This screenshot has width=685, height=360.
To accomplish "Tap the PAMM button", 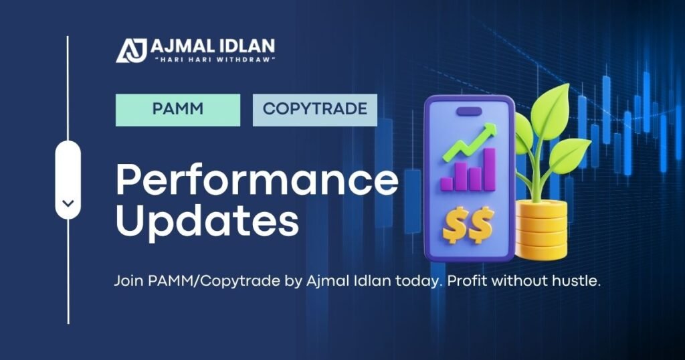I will [x=177, y=110].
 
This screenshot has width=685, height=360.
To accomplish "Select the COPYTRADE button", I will [x=314, y=110].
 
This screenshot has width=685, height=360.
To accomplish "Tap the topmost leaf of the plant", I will [x=550, y=107].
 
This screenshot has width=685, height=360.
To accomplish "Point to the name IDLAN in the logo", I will [x=243, y=48].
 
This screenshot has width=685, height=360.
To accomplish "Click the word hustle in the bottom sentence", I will [x=579, y=282].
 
